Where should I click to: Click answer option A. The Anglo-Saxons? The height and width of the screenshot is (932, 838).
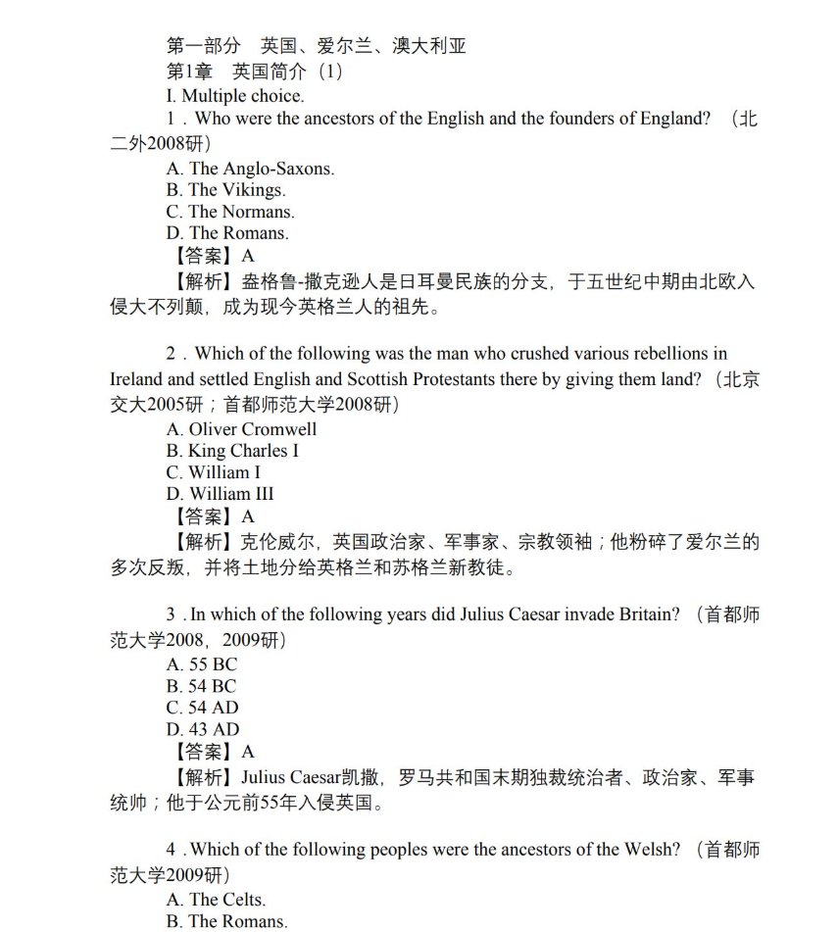[x=250, y=169]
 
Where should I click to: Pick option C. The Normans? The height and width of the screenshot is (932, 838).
[x=230, y=212]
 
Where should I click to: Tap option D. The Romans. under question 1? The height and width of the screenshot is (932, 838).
[x=227, y=233]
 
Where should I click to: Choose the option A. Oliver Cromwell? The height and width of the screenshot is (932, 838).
[x=241, y=429]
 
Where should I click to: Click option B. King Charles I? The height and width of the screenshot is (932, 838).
[x=232, y=451]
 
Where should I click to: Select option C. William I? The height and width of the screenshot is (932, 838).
[x=214, y=472]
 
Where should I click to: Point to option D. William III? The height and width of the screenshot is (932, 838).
[x=220, y=494]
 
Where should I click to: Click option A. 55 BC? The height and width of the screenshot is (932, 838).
[x=201, y=664]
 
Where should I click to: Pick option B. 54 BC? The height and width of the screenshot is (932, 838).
[x=201, y=686]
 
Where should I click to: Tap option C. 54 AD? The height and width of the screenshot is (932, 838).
[x=202, y=708]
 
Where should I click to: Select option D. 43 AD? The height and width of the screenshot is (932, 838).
[x=202, y=729]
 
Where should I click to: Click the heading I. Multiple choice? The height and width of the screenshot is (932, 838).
[x=235, y=96]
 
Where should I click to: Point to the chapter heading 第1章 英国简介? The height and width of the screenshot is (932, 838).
[x=255, y=72]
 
